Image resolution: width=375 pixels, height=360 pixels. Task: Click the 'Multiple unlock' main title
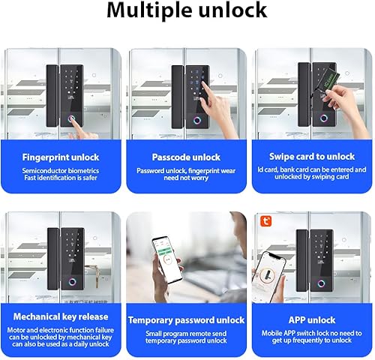point(187,10)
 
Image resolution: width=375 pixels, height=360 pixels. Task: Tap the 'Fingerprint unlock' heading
point(61,157)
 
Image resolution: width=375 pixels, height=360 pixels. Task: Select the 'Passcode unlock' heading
point(186,157)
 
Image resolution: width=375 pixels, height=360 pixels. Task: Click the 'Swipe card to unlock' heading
point(312,157)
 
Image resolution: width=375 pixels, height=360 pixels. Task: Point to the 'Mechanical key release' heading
point(61,316)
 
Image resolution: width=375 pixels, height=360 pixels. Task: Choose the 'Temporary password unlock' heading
point(186,320)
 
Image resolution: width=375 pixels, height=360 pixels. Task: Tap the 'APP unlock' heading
point(312,320)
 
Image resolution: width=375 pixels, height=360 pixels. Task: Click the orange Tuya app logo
point(265,221)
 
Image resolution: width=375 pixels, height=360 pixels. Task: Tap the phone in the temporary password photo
point(167,259)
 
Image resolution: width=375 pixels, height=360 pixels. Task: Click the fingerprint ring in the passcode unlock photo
point(197,121)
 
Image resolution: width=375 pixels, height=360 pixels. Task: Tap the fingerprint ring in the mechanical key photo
point(73,282)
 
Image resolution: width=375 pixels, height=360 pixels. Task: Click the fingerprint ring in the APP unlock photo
point(321,283)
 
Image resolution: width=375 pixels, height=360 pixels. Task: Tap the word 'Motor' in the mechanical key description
point(16,330)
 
